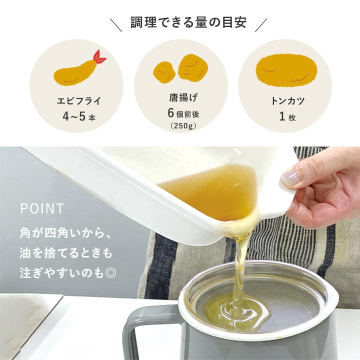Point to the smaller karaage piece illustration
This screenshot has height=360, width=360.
pos(163,72)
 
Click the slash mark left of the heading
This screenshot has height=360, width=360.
pos(116,24)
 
